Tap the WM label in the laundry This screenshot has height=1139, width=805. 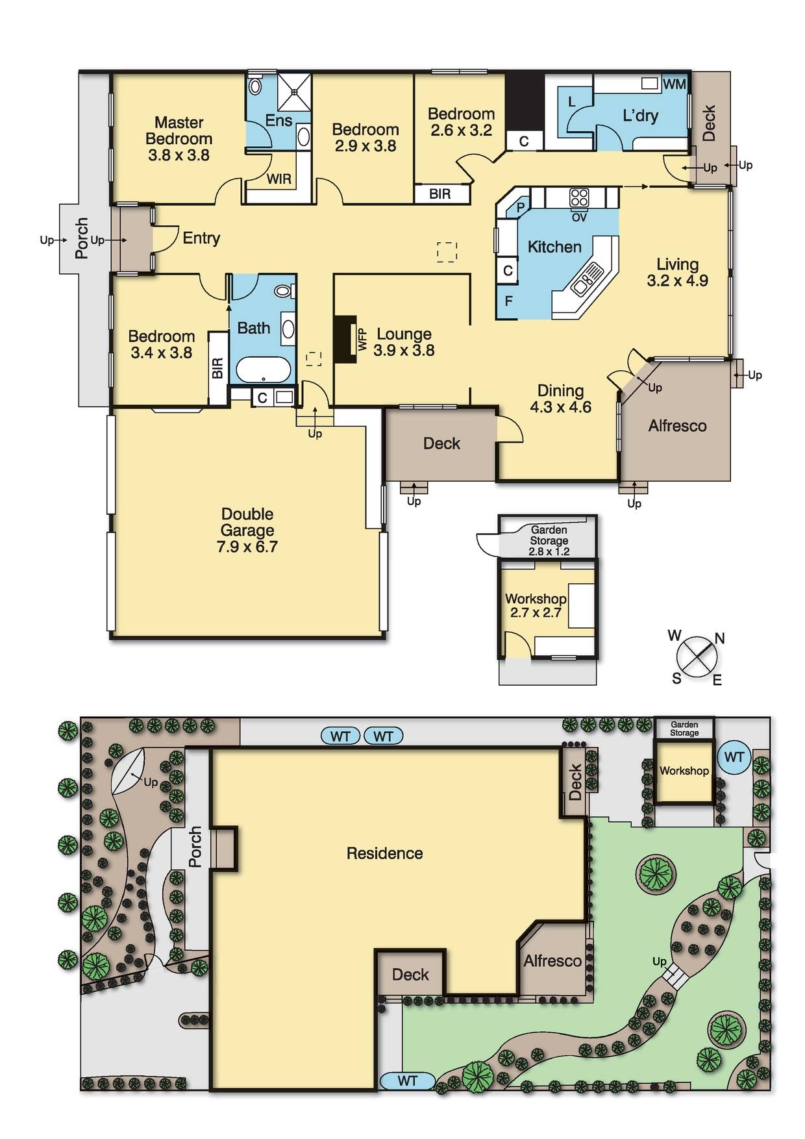click(675, 84)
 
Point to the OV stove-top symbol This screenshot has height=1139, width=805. click(579, 197)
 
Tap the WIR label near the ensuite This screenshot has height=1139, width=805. click(279, 179)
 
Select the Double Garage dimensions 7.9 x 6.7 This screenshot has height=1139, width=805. click(247, 547)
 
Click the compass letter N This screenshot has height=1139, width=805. click(719, 638)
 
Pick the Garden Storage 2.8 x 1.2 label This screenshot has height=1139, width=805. click(549, 540)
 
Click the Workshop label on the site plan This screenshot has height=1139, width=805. click(684, 771)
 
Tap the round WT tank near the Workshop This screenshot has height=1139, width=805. click(734, 757)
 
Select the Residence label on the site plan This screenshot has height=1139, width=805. click(384, 853)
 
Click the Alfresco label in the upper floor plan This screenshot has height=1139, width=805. click(677, 426)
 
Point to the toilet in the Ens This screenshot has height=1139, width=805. click(255, 86)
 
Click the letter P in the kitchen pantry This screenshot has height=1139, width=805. click(520, 208)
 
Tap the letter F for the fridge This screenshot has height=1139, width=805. click(508, 301)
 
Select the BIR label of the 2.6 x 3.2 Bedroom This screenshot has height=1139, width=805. click(440, 194)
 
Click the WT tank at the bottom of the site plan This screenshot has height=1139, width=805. click(407, 1081)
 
